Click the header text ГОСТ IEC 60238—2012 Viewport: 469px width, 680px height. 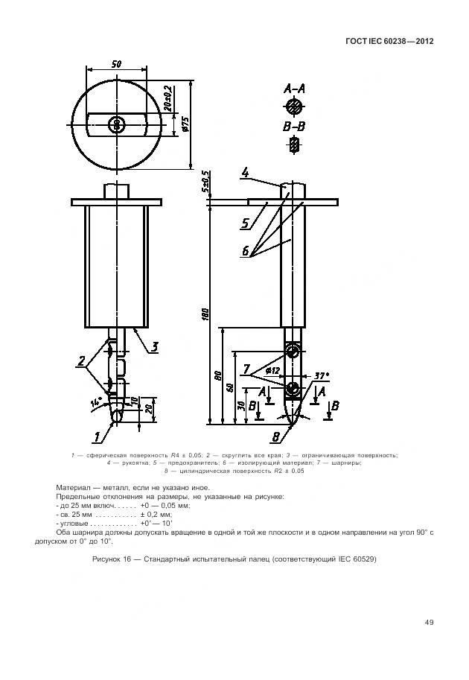point(389,41)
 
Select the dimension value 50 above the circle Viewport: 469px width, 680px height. point(117,65)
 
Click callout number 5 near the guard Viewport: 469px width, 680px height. point(244,222)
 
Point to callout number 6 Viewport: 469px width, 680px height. point(245,252)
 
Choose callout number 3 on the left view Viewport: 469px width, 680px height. point(154,346)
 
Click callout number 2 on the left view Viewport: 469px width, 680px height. point(81,362)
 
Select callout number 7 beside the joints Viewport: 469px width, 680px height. point(246,369)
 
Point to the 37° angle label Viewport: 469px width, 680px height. point(321,376)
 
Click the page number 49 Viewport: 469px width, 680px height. point(429,622)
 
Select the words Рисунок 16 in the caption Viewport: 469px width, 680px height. point(112,559)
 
